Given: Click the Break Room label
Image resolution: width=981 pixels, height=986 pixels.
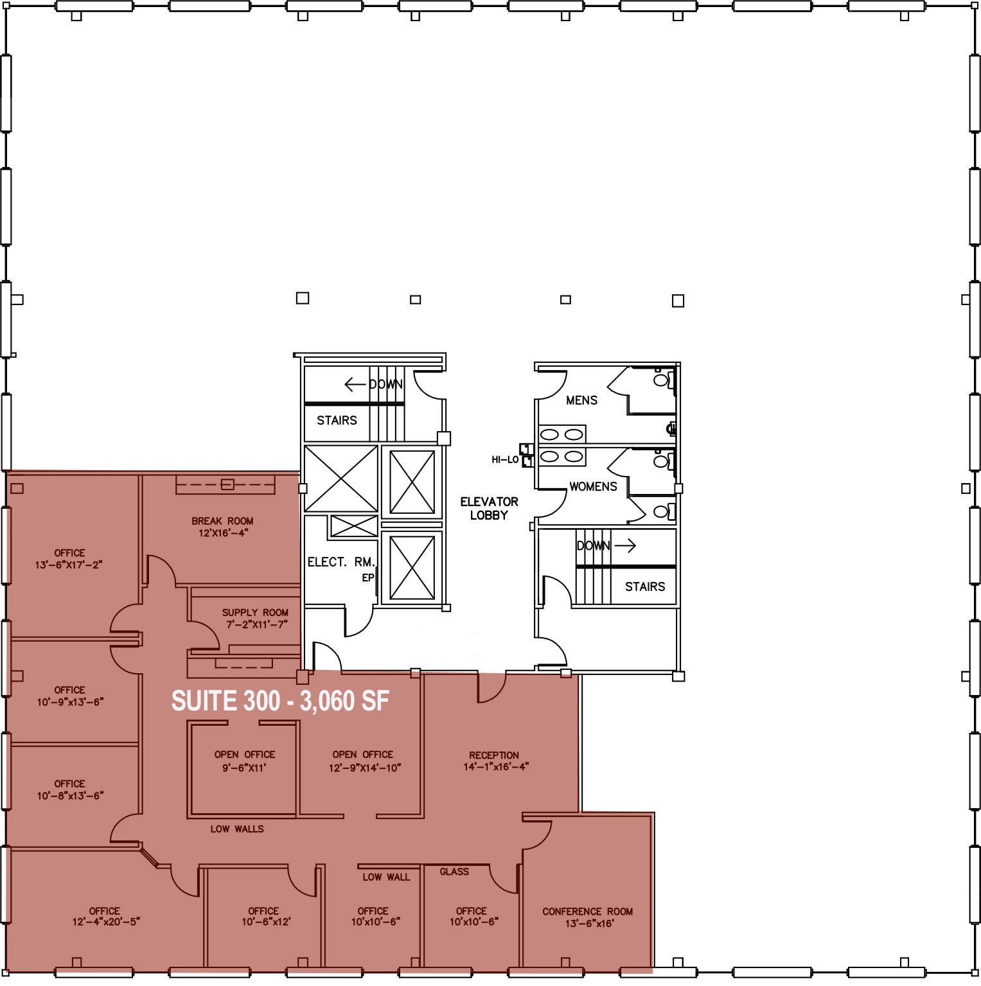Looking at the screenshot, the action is [x=222, y=521].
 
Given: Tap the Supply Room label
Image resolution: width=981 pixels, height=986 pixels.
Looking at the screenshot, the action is [x=255, y=613].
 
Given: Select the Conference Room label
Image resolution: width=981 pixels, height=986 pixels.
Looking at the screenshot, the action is [x=587, y=911].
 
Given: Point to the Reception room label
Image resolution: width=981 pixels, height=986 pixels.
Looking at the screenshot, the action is [x=493, y=755].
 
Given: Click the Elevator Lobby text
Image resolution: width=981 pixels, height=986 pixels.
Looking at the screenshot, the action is [x=489, y=508].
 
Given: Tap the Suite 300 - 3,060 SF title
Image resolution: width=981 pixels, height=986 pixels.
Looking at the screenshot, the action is [x=280, y=701].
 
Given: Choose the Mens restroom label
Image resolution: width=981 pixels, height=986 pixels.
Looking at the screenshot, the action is [x=581, y=400].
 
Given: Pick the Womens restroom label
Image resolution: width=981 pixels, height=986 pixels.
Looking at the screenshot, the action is [x=593, y=486].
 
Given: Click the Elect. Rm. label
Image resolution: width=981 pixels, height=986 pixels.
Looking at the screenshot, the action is [x=340, y=562].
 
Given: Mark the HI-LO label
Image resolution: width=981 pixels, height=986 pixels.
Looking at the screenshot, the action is [x=505, y=460].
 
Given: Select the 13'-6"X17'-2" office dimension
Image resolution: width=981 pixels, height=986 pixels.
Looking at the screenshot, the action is [x=69, y=565].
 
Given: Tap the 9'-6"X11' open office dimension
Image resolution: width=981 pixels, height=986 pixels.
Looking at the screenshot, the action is [x=244, y=768].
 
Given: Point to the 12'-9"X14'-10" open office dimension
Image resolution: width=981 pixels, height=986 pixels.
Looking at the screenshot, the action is [x=365, y=768].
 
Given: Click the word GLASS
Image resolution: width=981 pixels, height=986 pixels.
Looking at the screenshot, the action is [x=454, y=872].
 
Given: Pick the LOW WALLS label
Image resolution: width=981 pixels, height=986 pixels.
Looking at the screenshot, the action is [x=237, y=829].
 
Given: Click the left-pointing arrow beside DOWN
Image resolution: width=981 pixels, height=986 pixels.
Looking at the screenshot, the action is [x=355, y=385].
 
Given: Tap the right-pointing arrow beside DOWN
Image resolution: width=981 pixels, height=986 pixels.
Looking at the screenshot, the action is [x=625, y=546].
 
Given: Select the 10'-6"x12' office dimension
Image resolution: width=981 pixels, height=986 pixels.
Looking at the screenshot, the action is [x=266, y=922].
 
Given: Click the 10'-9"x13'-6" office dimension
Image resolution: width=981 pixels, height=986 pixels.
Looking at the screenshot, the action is [x=70, y=702].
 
